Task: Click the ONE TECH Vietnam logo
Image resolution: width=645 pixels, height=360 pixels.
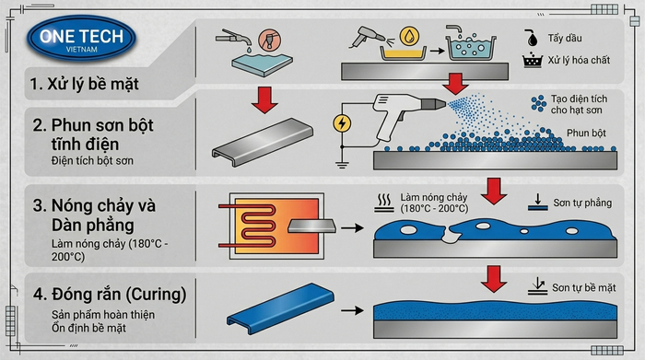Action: point(81,38)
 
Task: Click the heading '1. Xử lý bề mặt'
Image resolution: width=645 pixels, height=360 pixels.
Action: point(85,84)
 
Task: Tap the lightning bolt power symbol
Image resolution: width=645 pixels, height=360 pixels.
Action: point(342,122)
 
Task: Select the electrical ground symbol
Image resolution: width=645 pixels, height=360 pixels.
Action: point(342,165)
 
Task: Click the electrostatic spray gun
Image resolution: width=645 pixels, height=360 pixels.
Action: point(407,114)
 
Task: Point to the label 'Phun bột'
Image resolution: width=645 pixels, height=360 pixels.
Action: point(586,134)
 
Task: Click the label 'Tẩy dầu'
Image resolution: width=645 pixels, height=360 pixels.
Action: point(565,39)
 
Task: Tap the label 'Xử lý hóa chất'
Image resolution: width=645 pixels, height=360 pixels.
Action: point(579,61)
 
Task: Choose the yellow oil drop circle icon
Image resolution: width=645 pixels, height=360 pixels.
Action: point(409,36)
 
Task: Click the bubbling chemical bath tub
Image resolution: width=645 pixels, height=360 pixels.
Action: point(471,46)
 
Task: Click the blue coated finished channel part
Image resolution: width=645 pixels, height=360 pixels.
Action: point(280,308)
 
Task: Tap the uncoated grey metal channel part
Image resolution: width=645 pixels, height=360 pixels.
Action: point(263,142)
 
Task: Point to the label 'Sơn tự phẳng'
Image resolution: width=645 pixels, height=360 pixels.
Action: point(582,203)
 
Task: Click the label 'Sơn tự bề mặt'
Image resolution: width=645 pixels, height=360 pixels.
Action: point(583,287)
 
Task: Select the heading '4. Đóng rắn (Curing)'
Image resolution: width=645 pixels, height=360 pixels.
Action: point(110,295)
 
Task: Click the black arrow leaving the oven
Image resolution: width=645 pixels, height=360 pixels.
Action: point(353,227)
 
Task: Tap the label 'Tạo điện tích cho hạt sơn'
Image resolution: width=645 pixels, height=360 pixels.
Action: point(579,104)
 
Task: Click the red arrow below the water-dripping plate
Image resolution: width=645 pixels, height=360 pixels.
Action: point(264,99)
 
